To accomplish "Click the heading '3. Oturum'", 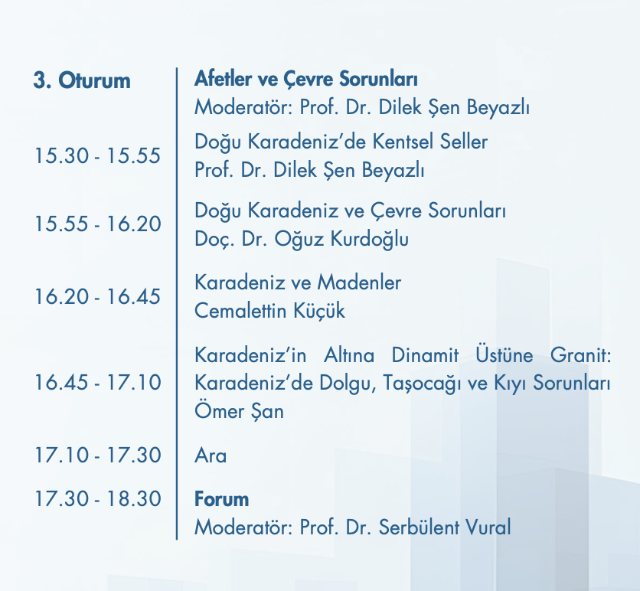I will tap(82, 80).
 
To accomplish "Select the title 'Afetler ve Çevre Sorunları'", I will tap(305, 79).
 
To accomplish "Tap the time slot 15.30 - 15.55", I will tap(97, 155).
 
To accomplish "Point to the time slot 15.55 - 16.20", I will tap(97, 224).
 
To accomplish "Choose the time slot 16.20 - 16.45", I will tap(97, 296).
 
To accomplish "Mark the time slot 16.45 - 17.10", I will tap(97, 382).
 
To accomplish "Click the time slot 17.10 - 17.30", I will tap(97, 455).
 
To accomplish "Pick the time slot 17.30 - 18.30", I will tap(97, 498).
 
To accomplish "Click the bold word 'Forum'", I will tap(221, 499).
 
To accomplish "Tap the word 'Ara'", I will tap(211, 455).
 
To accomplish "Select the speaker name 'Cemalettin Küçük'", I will tap(269, 311).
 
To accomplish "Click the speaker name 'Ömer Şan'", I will tap(239, 411).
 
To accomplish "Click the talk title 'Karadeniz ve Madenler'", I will tap(298, 282).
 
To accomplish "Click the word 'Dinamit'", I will tap(424, 355).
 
